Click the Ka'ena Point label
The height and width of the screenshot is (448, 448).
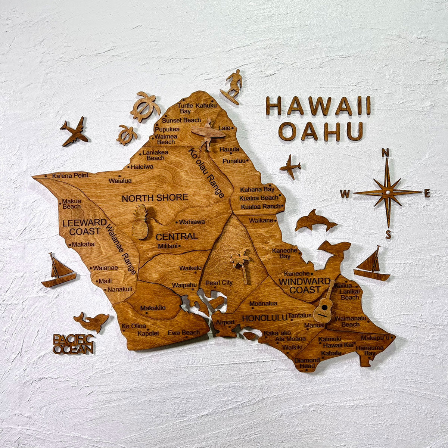tap(70, 175)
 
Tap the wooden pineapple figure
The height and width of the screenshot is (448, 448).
tap(140, 222)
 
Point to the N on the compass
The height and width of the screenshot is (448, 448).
tap(385, 152)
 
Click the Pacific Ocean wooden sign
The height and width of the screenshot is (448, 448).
tap(73, 344)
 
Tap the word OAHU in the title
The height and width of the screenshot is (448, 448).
tap(321, 131)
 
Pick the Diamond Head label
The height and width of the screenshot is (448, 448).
tap(307, 363)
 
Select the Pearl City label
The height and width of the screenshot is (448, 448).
tap(219, 283)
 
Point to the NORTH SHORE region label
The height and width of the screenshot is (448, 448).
tap(155, 198)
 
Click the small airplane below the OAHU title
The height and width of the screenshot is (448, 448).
tap(290, 166)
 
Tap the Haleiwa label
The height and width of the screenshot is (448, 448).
tap(141, 167)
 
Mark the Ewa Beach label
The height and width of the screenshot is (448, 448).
tap(183, 332)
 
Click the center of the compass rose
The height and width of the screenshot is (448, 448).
tap(388, 192)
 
